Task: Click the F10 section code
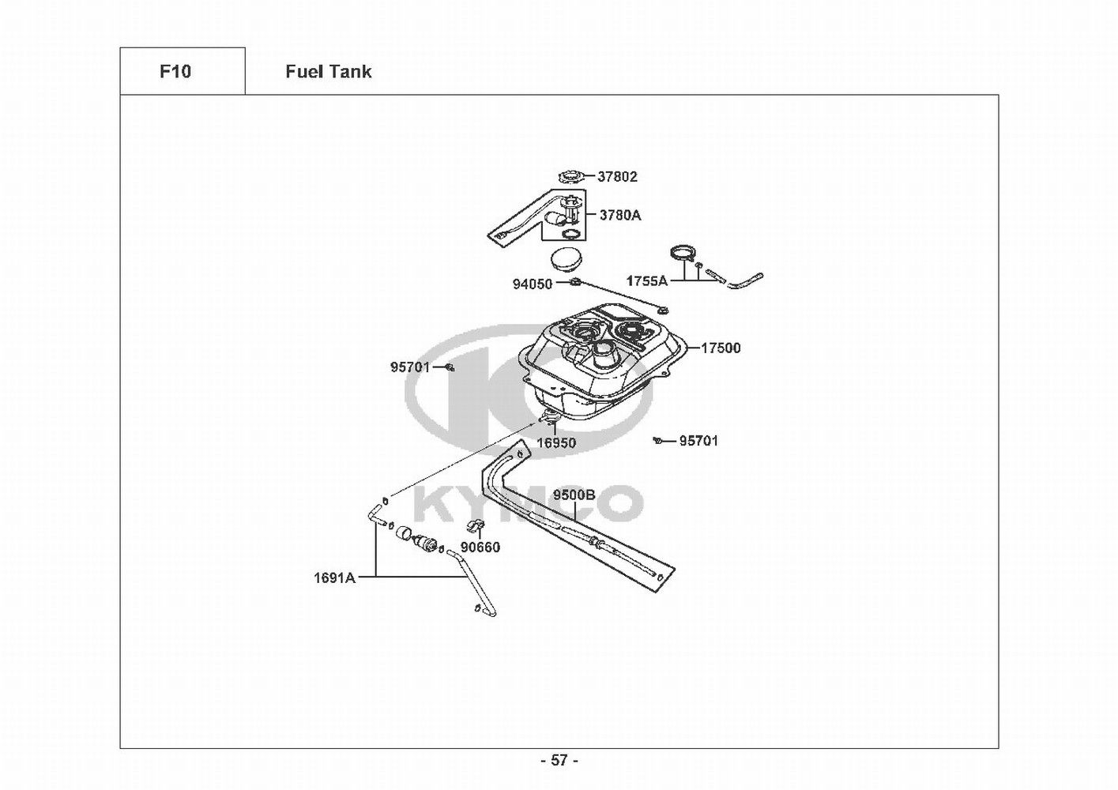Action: [175, 72]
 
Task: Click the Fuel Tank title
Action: [328, 72]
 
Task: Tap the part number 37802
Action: [617, 177]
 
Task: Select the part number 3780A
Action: [620, 215]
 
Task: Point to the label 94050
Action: [533, 284]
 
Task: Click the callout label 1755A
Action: [647, 280]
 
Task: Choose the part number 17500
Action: [721, 348]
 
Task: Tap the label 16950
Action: [556, 443]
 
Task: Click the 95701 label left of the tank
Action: [410, 367]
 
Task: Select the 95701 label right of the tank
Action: [699, 441]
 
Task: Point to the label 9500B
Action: [574, 495]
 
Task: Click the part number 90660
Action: [480, 547]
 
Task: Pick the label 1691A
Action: [334, 577]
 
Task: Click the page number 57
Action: [559, 760]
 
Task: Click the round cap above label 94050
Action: [563, 259]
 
